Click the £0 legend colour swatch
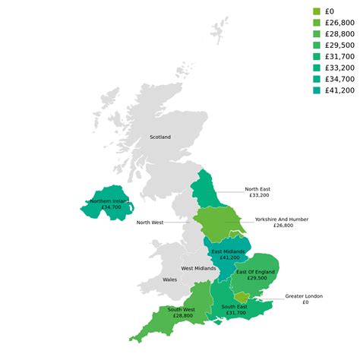[x=317, y=11]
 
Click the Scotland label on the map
[x=160, y=137]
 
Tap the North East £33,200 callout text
[x=257, y=192]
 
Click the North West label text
[x=150, y=223]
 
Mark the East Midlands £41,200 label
[x=228, y=254]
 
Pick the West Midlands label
[x=198, y=268]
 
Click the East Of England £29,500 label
[x=255, y=275]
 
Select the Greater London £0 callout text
[x=304, y=299]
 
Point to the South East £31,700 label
[x=235, y=310]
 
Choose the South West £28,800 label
[x=182, y=312]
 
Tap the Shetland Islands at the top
[x=219, y=30]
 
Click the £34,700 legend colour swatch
[x=317, y=79]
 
